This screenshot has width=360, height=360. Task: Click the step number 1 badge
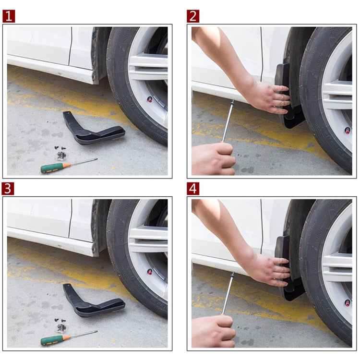coord(9,16)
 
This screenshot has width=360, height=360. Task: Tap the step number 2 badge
coord(193,16)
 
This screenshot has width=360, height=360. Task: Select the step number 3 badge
coord(9,188)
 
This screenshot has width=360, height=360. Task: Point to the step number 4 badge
coord(193,188)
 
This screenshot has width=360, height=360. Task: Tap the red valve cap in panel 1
coord(150,99)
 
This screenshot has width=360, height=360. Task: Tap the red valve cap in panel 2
coord(347,130)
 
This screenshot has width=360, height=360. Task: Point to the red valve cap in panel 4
coord(347,303)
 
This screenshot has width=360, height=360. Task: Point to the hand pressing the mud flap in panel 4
coord(271,269)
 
